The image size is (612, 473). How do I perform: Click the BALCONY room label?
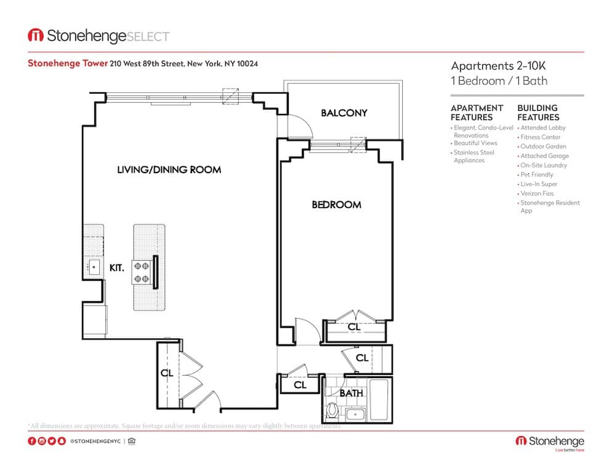(344, 113)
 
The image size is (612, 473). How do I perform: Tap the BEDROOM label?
(336, 204)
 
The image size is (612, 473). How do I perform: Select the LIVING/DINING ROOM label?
(169, 169)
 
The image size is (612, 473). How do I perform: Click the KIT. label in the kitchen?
(117, 268)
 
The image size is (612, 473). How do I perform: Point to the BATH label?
(352, 392)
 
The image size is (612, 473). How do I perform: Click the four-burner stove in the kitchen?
(142, 272)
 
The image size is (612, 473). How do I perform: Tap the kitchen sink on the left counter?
(93, 267)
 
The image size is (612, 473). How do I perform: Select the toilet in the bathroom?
(333, 410)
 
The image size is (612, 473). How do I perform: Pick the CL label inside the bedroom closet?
(353, 326)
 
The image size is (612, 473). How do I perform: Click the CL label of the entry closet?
(166, 373)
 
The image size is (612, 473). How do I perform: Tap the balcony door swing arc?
(302, 126)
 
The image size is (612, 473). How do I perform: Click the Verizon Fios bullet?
(536, 193)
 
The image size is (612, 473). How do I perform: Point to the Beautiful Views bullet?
(475, 143)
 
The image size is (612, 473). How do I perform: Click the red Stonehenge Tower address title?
(68, 63)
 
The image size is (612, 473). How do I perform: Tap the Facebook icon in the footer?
(31, 441)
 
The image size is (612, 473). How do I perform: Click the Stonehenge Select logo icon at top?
(35, 36)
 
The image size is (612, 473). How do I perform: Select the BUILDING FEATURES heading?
(538, 112)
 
